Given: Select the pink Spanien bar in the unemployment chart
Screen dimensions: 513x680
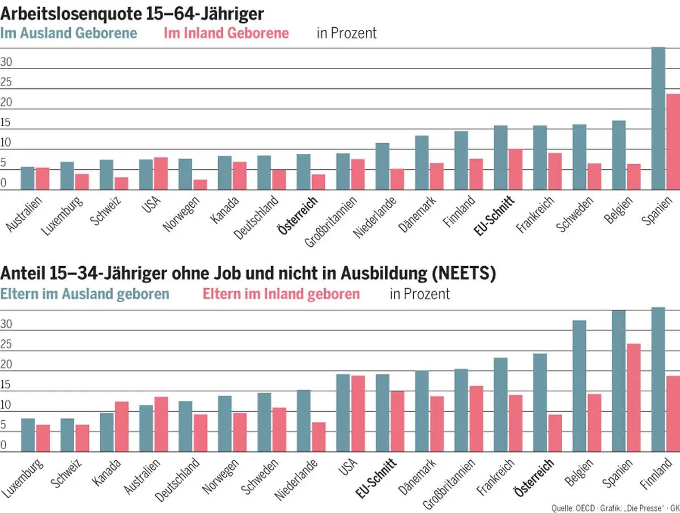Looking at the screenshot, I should (673, 142).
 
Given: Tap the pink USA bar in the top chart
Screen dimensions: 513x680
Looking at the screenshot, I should (161, 173).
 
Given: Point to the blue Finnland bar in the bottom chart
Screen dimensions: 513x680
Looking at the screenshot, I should (657, 379).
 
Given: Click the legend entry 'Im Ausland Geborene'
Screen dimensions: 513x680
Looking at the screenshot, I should (69, 33).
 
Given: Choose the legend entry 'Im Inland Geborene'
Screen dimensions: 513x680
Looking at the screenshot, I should (226, 33).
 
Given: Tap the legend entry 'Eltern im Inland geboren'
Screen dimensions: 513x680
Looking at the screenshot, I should (280, 294).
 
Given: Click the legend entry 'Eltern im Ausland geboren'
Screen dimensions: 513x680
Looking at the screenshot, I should (85, 294).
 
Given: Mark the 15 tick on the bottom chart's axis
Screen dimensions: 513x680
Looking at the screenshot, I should (6, 385).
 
